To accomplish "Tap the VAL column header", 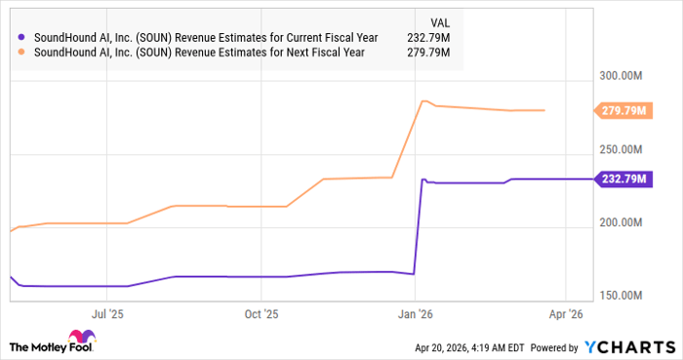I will [x=442, y=21].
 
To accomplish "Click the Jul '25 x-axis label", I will [x=108, y=314].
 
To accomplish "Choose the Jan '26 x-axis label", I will [x=415, y=314].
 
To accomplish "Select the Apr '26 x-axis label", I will [x=566, y=314].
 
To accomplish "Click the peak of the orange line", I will [x=423, y=100].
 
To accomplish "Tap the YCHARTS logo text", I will [x=630, y=347].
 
